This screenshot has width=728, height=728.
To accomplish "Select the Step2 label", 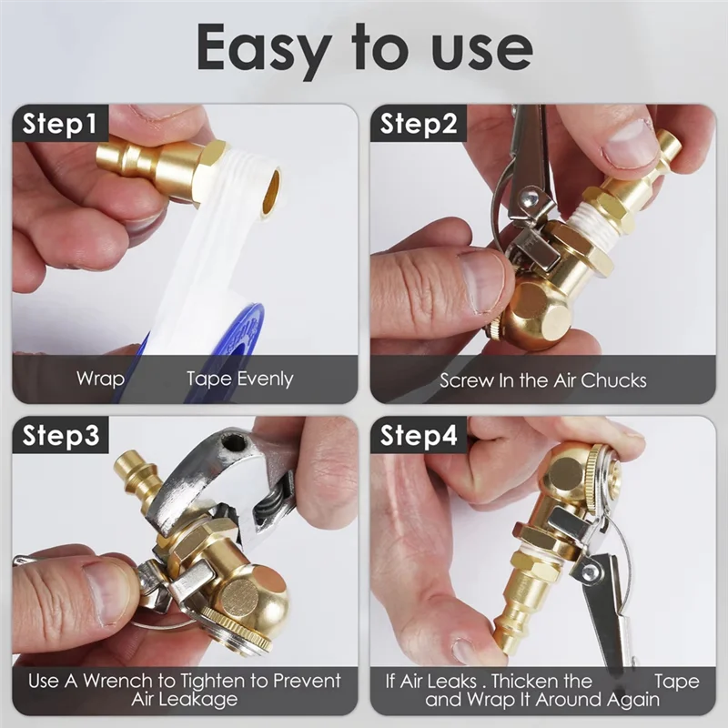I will pos(418,124).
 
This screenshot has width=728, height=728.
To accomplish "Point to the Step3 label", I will pos(61,436).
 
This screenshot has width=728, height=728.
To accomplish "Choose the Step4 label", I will pos(419,436).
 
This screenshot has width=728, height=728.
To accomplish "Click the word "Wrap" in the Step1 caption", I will pos(100,379).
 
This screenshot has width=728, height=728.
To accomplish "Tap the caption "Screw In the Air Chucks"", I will pos(542,380).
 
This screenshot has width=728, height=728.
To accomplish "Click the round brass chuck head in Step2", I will pos(537,314).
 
